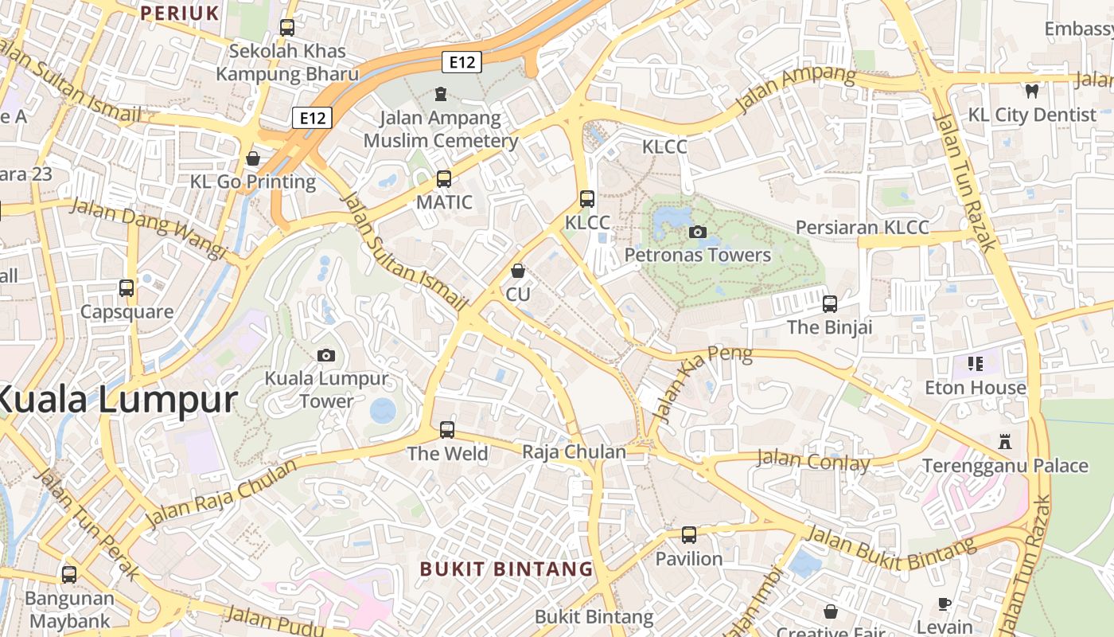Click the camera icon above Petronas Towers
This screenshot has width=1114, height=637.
point(698,232)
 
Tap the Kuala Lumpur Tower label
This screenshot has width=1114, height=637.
point(326,390)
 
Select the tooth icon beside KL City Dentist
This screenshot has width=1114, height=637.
point(1032,91)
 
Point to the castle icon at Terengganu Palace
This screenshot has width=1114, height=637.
point(1005,441)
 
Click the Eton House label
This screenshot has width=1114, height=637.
point(976,388)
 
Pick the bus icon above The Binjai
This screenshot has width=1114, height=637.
point(830,303)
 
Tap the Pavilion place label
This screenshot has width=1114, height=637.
point(689,559)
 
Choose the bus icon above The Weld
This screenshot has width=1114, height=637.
point(447,430)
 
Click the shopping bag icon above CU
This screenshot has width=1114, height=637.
point(518,271)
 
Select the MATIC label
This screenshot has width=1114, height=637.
point(444,202)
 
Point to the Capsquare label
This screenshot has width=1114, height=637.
point(127,311)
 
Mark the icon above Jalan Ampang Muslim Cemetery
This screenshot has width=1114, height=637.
point(441,95)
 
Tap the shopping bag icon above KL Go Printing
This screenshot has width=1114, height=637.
point(253,158)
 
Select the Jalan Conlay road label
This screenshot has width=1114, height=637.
point(812,460)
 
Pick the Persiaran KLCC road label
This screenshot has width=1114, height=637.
point(862,227)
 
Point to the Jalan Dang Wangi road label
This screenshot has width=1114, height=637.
point(149,229)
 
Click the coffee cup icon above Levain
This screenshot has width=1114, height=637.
point(945,604)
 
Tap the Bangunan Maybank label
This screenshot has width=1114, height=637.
point(69,609)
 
